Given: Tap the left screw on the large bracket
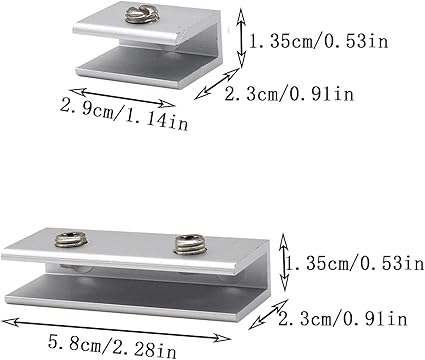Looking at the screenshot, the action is (71, 240).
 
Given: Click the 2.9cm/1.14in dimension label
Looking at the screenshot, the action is (124, 114).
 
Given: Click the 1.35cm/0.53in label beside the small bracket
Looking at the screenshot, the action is (319, 42).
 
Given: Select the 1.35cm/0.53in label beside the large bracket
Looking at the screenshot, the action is (355, 264).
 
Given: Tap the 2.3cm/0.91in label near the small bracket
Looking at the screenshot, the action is (289, 94).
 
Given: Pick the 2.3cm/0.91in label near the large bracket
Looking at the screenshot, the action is (343, 319).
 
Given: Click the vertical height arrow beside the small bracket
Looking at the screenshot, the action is (241, 38).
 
